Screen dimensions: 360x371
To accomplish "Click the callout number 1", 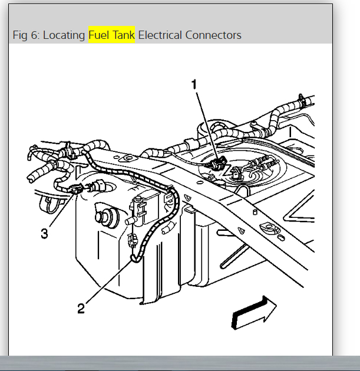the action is click(194, 85).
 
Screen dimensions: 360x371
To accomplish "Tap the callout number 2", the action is click(82, 307).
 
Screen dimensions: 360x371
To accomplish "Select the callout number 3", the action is click(45, 233).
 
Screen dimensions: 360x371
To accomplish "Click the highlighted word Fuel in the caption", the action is click(99, 35).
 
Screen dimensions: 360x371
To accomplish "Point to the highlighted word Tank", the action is click(123, 35).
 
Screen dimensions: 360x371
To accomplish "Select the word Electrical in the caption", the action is click(160, 35).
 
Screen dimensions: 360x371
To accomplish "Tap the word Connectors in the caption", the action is click(213, 35).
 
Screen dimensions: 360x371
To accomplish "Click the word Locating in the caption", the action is click(65, 35).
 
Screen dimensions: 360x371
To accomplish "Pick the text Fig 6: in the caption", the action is click(26, 35).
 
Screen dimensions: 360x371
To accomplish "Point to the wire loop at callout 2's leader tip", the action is click(134, 257).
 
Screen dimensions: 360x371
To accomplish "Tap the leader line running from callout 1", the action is click(206, 124).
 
